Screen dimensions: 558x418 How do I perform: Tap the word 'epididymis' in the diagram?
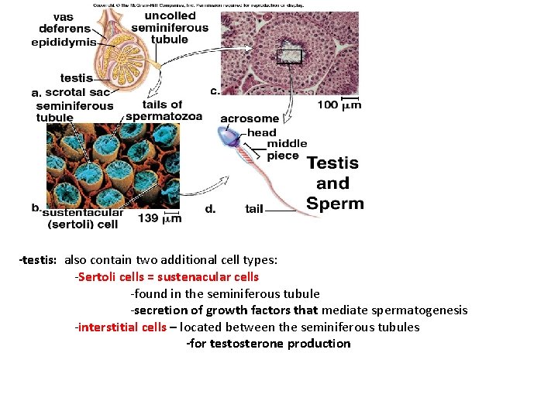[64, 43]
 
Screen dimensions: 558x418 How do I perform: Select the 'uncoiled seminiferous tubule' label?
[170, 27]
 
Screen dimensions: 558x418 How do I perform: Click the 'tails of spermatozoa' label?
[164, 111]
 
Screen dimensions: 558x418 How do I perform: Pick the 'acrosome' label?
[250, 118]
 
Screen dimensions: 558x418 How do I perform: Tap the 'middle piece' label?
[287, 149]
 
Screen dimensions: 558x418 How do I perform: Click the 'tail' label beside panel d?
[254, 209]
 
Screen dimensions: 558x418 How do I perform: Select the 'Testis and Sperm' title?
[333, 183]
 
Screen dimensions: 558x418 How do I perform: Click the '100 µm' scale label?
[339, 104]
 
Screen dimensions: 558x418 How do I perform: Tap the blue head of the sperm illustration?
[232, 137]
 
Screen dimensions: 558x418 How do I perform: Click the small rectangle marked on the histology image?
[289, 57]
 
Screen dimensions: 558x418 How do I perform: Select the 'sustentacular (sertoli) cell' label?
[83, 219]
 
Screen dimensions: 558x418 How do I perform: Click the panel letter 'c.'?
[215, 91]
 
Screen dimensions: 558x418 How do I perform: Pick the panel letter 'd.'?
[211, 208]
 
